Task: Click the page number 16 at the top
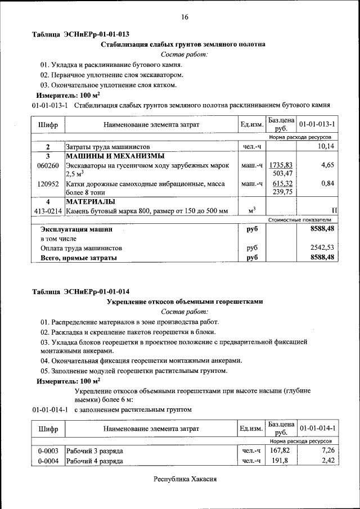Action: pos(184,17)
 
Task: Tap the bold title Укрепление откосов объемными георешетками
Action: pos(184,301)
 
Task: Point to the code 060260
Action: pos(48,166)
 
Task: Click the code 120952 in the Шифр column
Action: pos(48,183)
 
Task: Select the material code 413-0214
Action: pos(48,210)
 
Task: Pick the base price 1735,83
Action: pos(281,165)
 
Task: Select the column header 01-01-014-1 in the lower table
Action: pos(317,429)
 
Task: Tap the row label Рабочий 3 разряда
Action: pos(94,451)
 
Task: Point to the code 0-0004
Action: pos(48,461)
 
